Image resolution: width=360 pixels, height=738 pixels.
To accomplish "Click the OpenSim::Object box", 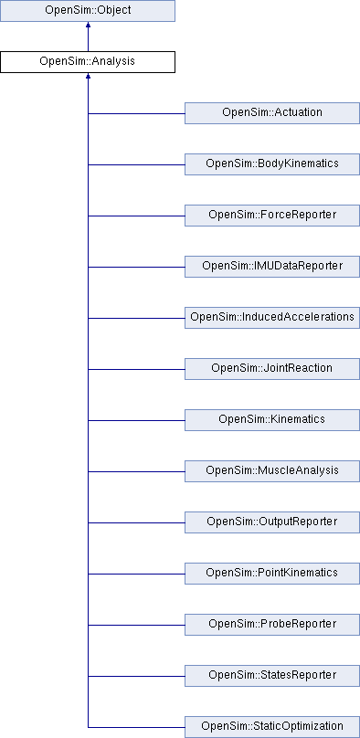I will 88,11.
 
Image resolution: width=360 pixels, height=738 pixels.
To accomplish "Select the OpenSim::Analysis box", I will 88,62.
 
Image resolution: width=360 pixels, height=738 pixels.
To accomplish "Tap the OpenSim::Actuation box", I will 271,113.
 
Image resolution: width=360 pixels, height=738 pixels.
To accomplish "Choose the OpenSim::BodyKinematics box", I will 271,164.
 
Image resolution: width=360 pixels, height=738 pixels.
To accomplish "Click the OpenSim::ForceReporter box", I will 271,216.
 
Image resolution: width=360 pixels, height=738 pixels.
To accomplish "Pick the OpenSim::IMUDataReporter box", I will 271,267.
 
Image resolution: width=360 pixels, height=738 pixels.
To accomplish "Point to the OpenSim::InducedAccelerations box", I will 271,318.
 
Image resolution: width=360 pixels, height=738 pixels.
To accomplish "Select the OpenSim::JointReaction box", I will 271,369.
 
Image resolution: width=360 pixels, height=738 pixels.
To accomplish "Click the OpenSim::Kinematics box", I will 271,420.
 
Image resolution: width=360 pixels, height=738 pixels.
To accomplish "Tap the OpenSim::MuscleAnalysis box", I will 271,471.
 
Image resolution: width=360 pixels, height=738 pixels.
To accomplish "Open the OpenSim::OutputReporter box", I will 271,522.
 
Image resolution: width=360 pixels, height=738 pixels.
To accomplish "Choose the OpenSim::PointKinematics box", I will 271,574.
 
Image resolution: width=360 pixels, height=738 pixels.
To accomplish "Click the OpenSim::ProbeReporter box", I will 271,625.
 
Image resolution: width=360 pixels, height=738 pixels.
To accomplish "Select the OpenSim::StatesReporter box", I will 271,676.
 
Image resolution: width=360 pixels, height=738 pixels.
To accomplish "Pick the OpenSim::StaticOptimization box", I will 271,727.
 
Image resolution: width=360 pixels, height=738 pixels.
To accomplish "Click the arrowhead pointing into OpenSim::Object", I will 88,27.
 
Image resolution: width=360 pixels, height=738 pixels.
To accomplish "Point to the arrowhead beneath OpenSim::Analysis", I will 88,79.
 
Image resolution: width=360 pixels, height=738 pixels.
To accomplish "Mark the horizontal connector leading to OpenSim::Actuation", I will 136,113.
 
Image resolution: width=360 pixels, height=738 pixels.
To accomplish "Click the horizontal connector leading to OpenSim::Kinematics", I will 136,420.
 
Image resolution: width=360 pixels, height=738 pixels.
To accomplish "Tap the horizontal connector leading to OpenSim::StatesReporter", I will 136,676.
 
